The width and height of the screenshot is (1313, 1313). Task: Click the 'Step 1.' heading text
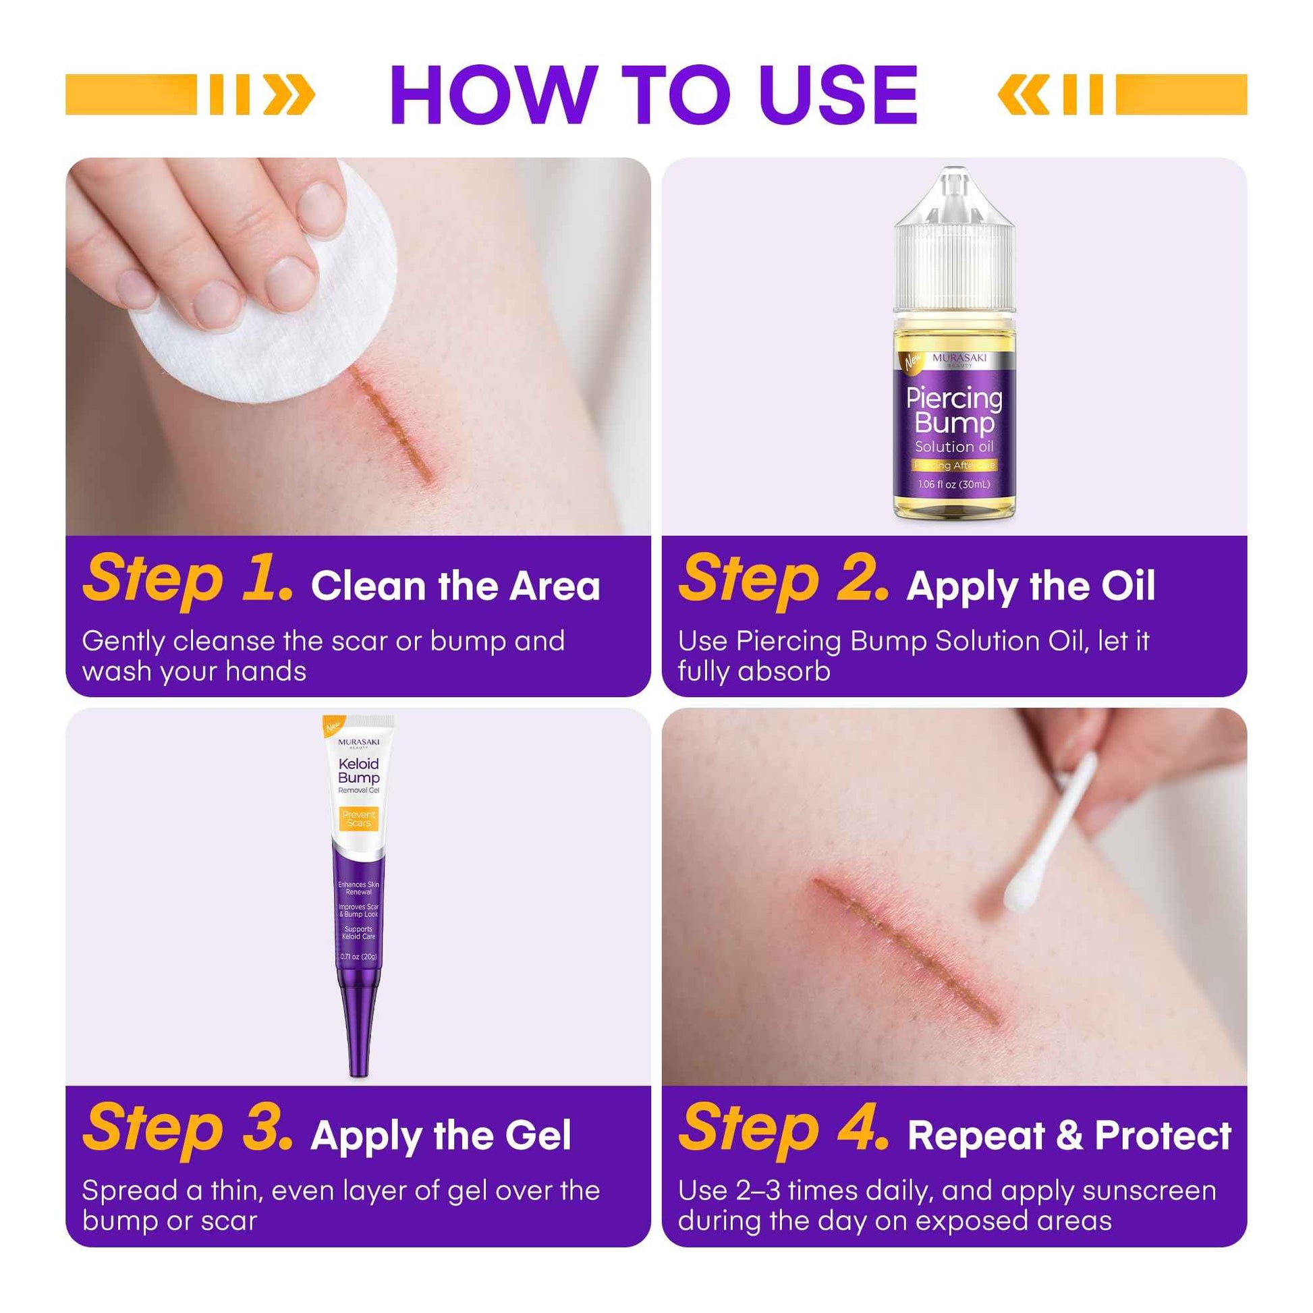click(188, 580)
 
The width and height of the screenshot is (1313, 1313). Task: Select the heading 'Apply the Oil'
click(1030, 586)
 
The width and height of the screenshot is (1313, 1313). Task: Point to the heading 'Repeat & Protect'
click(1069, 1136)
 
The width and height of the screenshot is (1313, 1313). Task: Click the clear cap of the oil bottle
click(954, 252)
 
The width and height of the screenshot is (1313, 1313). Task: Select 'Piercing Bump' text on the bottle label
click(954, 410)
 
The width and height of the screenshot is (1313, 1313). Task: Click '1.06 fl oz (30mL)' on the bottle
click(954, 484)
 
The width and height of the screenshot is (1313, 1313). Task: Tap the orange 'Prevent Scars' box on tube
click(359, 818)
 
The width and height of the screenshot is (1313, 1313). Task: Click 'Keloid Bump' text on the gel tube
click(359, 771)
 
